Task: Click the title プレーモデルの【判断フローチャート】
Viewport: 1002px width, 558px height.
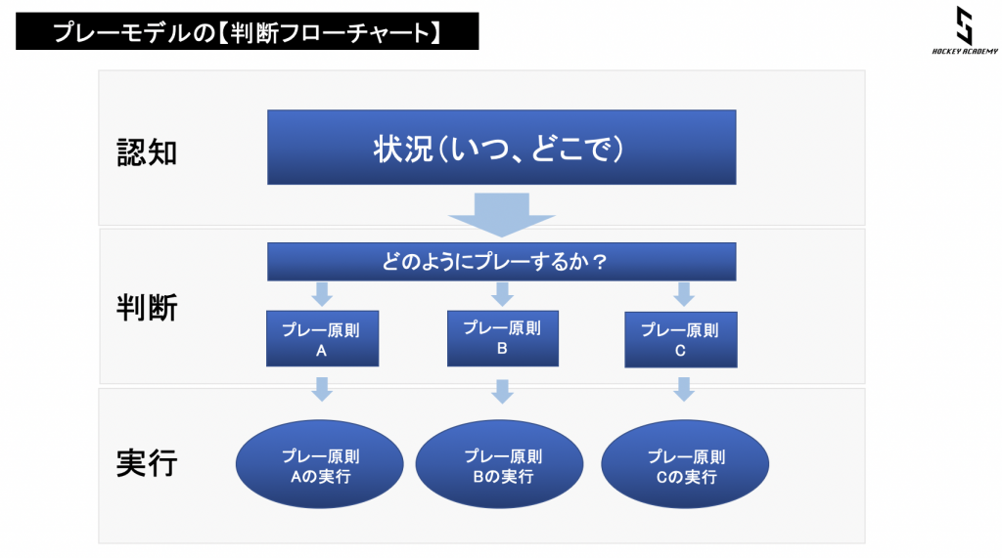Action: pyautogui.click(x=247, y=31)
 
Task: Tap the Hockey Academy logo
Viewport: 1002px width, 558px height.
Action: pyautogui.click(x=964, y=30)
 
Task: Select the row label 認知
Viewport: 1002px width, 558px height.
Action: pyautogui.click(x=147, y=152)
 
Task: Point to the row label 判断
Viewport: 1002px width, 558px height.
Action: pyautogui.click(x=147, y=308)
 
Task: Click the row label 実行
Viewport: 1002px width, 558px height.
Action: pyautogui.click(x=147, y=463)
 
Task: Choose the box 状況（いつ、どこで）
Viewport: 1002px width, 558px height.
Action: pyautogui.click(x=502, y=148)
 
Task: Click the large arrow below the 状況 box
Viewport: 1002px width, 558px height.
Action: pyautogui.click(x=502, y=215)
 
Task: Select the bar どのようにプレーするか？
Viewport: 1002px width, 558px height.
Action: pyautogui.click(x=502, y=262)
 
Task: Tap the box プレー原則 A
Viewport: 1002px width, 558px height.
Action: pyautogui.click(x=323, y=338)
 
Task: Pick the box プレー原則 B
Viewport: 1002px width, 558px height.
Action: pyautogui.click(x=503, y=338)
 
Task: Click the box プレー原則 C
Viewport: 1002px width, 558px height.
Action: pyautogui.click(x=681, y=340)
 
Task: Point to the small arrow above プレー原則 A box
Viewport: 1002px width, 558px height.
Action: pyautogui.click(x=322, y=294)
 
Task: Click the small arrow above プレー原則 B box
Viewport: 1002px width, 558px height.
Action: pyautogui.click(x=502, y=294)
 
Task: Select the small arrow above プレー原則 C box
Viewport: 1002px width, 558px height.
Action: pyautogui.click(x=684, y=294)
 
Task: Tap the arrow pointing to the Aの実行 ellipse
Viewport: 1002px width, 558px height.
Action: pyautogui.click(x=322, y=390)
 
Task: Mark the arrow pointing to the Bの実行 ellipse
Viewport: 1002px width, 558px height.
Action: pyautogui.click(x=502, y=391)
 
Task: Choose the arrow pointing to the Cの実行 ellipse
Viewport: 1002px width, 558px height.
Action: pyautogui.click(x=684, y=390)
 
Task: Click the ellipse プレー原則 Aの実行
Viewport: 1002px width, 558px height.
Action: pyautogui.click(x=320, y=464)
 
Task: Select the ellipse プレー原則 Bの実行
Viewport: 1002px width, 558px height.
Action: pyautogui.click(x=500, y=464)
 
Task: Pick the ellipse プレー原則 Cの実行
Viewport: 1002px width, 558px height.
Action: pyautogui.click(x=685, y=464)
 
